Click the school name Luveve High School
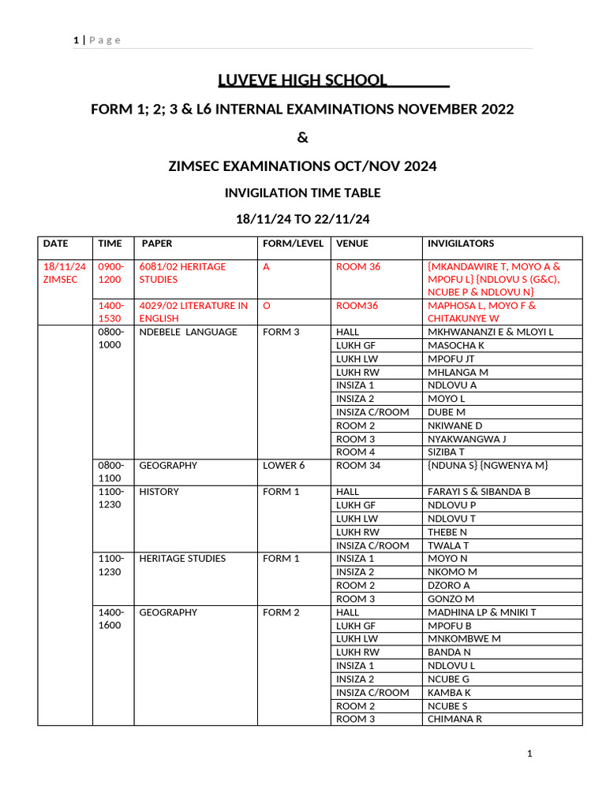click(x=303, y=80)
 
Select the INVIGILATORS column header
click(x=461, y=244)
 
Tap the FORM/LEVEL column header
click(x=293, y=244)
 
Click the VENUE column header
click(x=352, y=244)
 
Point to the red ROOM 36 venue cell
click(x=358, y=266)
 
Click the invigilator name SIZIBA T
click(x=446, y=452)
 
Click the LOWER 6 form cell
click(x=283, y=465)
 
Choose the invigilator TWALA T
click(x=448, y=545)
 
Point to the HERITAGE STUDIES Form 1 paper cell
click(x=182, y=559)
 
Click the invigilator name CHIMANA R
click(x=454, y=719)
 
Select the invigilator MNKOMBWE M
click(x=464, y=638)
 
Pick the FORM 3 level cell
click(x=281, y=332)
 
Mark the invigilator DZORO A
click(x=448, y=586)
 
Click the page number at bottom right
click(x=530, y=754)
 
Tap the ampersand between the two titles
click(x=303, y=138)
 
